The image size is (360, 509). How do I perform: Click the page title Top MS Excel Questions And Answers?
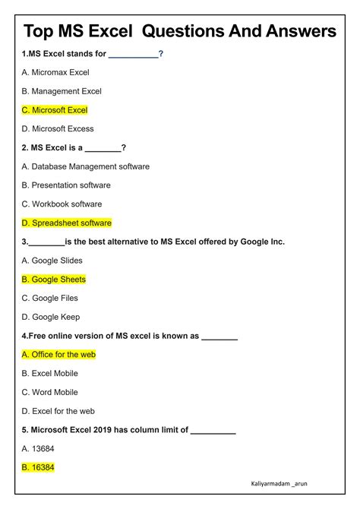pyautogui.click(x=180, y=31)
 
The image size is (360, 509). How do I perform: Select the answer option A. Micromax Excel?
pyautogui.click(x=55, y=72)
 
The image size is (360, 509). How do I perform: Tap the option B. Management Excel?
pyautogui.click(x=62, y=91)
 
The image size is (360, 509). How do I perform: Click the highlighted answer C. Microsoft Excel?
pyautogui.click(x=55, y=110)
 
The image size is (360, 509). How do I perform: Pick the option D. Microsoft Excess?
pyautogui.click(x=58, y=129)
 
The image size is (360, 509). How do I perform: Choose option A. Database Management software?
pyautogui.click(x=86, y=166)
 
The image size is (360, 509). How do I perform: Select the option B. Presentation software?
pyautogui.click(x=66, y=185)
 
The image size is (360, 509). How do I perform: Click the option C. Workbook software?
pyautogui.click(x=62, y=204)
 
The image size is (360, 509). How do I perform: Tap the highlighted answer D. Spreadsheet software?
pyautogui.click(x=67, y=223)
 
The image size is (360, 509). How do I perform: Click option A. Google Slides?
pyautogui.click(x=52, y=261)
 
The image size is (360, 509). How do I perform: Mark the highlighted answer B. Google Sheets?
pyautogui.click(x=54, y=280)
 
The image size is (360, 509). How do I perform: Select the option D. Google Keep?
pyautogui.click(x=51, y=317)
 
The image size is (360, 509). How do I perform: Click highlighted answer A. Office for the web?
pyautogui.click(x=58, y=354)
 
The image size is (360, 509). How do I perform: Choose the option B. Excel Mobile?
pyautogui.click(x=50, y=373)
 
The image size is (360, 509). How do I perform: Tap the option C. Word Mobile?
pyautogui.click(x=50, y=392)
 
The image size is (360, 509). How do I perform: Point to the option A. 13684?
pyautogui.click(x=38, y=448)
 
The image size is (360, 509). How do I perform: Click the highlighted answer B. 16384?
pyautogui.click(x=38, y=467)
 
